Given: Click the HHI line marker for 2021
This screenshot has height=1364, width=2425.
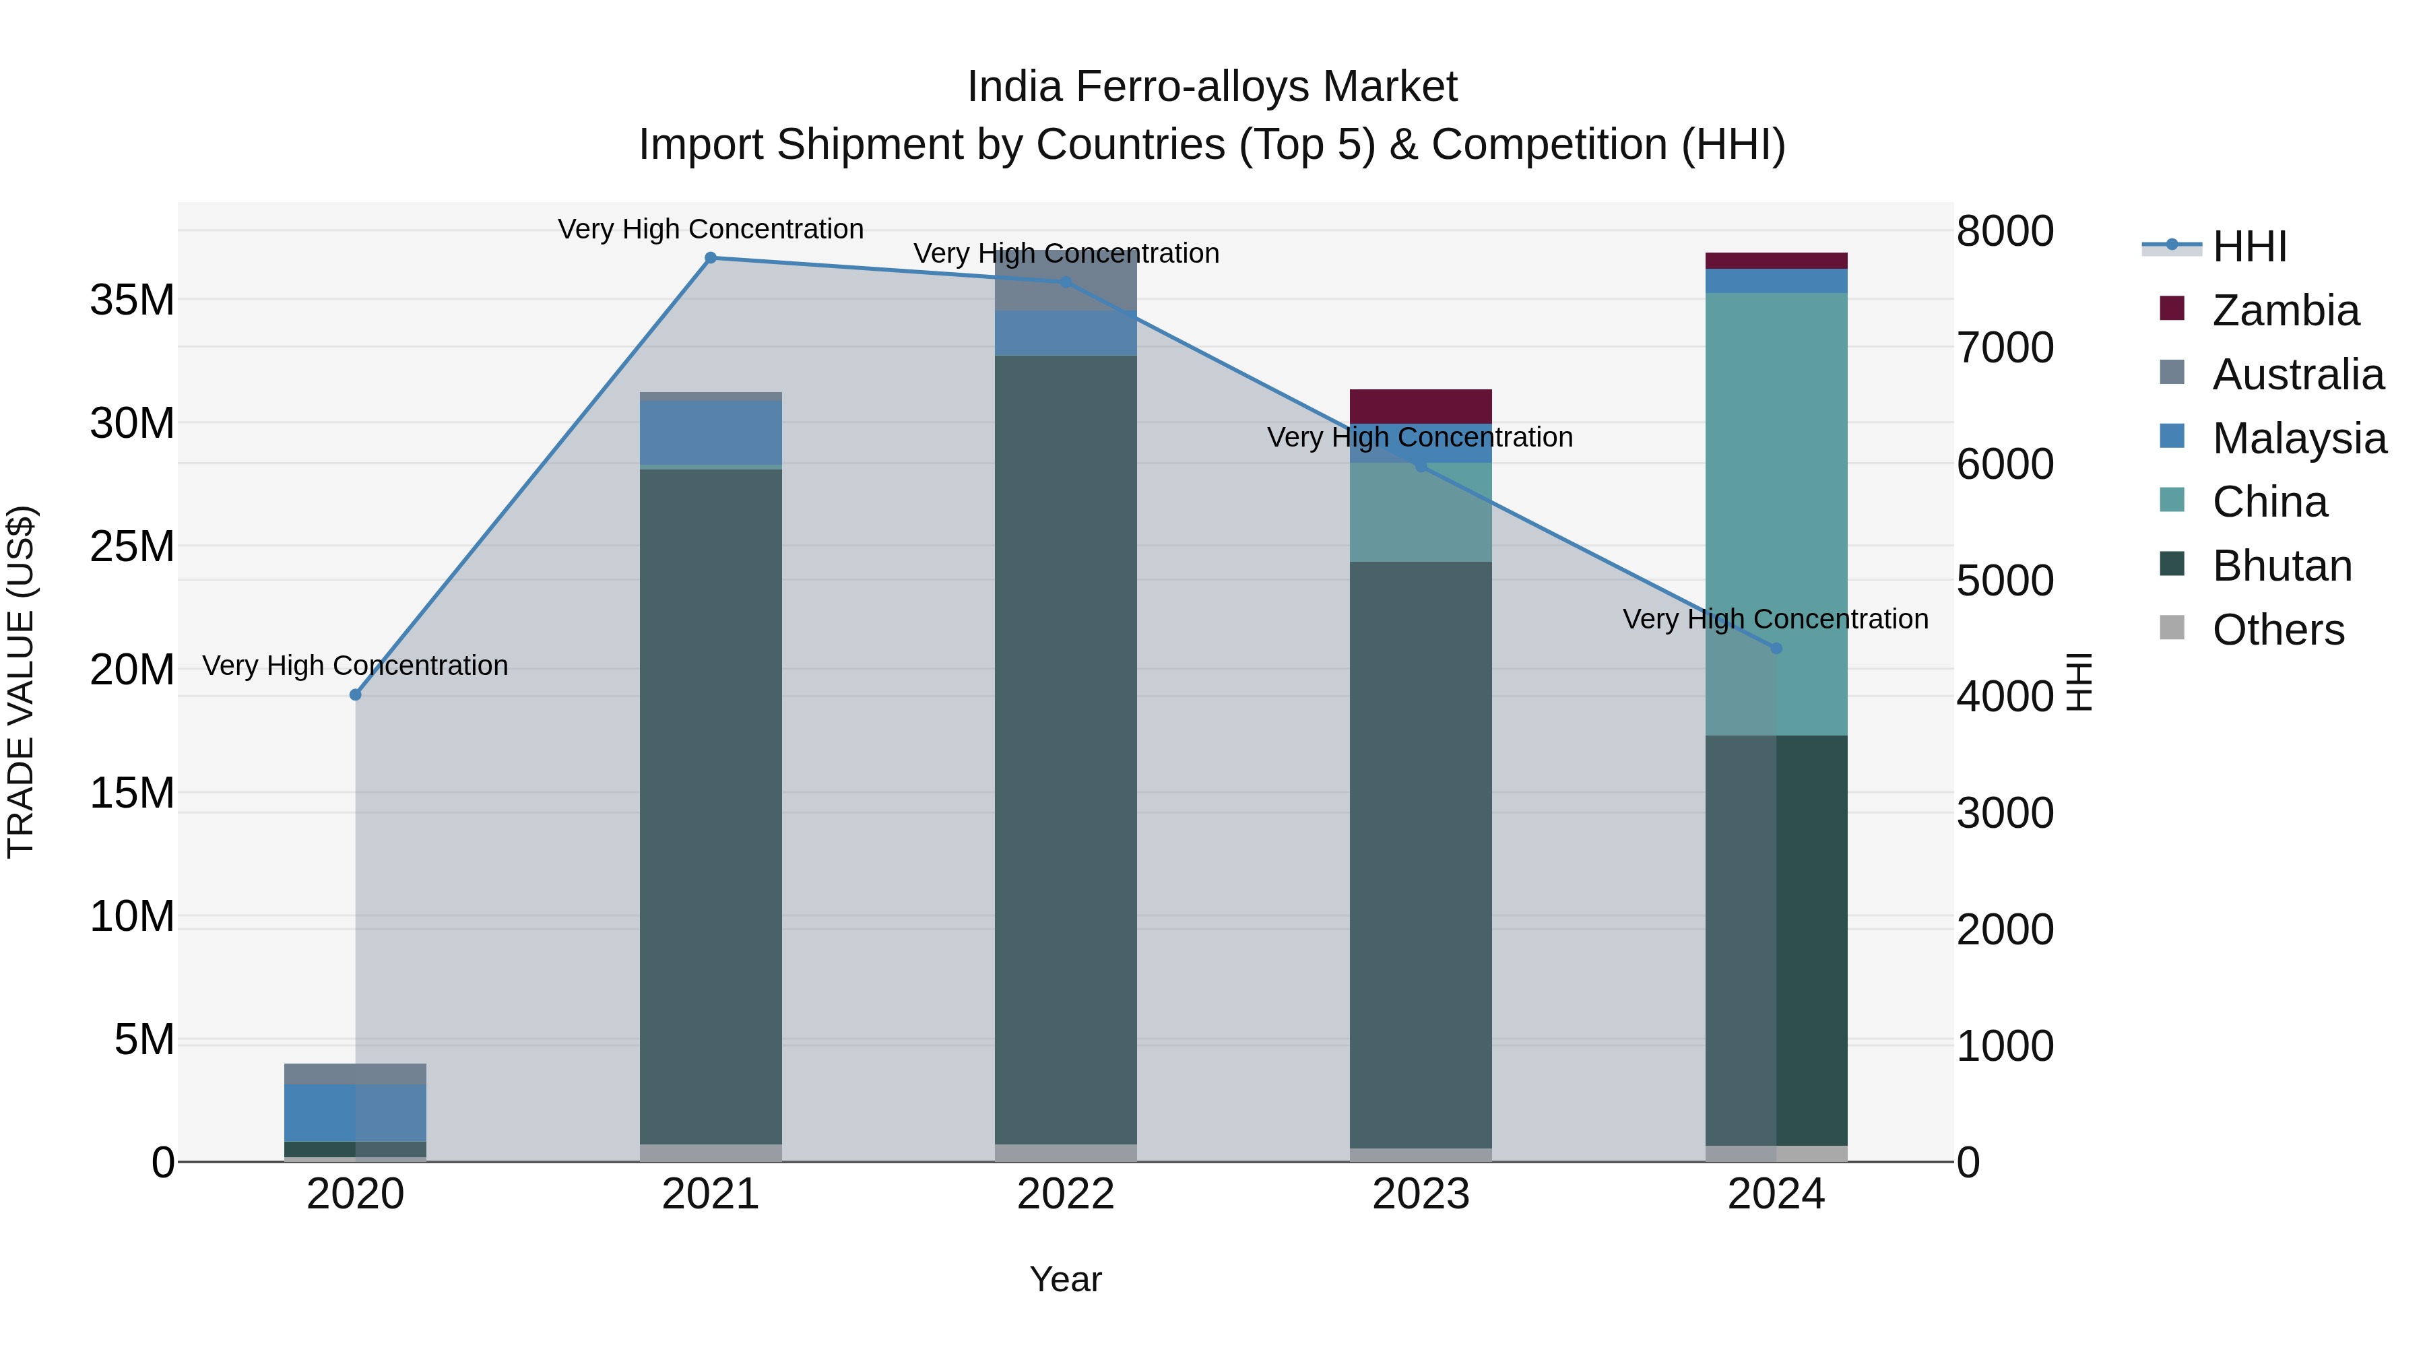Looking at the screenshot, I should (711, 258).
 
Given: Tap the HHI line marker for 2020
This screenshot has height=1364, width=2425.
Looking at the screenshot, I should (355, 694).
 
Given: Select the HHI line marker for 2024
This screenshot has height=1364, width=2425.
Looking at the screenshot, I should (1776, 649).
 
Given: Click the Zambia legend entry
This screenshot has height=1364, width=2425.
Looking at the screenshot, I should (2285, 311).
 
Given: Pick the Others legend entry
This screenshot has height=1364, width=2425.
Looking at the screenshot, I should (2277, 630).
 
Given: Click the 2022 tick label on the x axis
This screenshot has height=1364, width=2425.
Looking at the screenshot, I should (1066, 1194).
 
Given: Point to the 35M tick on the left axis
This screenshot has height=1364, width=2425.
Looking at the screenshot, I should (132, 300).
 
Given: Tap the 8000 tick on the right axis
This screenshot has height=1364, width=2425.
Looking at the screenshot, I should (2005, 232).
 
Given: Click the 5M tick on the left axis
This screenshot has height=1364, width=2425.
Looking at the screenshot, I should (144, 1040).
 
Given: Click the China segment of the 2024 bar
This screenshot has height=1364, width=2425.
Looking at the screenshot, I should (1776, 513).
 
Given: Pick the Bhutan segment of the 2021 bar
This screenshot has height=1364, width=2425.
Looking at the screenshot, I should (711, 806).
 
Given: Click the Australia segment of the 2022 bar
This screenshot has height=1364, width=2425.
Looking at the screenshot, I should (1066, 280).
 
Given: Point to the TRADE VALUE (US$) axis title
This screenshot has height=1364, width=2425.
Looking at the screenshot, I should (21, 682).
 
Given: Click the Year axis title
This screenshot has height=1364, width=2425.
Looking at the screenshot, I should (1066, 1279).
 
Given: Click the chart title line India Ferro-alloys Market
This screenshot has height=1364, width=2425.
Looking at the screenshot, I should (1212, 87).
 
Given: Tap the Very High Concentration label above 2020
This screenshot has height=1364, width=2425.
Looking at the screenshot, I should (355, 665).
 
